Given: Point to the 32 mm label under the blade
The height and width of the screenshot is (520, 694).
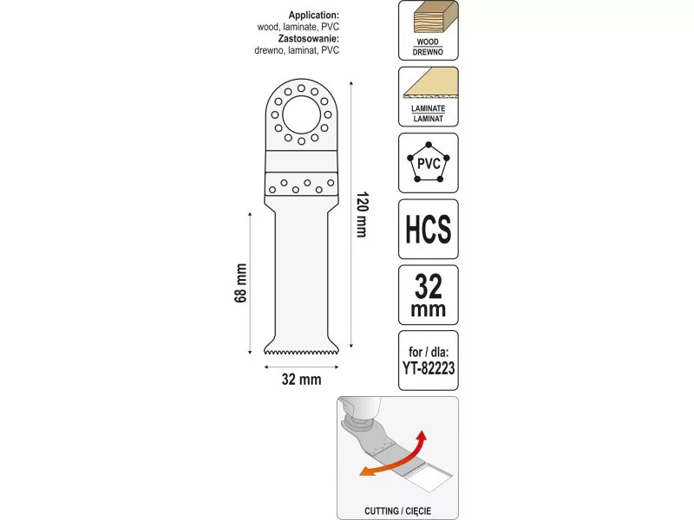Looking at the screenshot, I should click(x=301, y=379).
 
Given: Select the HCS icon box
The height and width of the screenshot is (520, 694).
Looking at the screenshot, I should click(x=428, y=229).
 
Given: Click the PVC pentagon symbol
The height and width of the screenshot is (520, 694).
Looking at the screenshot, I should click(x=428, y=163).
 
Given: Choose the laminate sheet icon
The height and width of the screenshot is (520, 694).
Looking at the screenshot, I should click(x=428, y=87).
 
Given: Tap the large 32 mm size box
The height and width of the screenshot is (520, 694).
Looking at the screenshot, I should click(x=428, y=296).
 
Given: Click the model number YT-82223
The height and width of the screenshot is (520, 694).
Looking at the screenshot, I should click(x=428, y=367).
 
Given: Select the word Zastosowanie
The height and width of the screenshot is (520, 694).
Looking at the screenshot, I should click(x=310, y=39).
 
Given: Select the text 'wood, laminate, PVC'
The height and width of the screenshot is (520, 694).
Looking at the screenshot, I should click(x=298, y=27).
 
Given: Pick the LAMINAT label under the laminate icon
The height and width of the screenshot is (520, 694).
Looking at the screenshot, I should click(x=428, y=115).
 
